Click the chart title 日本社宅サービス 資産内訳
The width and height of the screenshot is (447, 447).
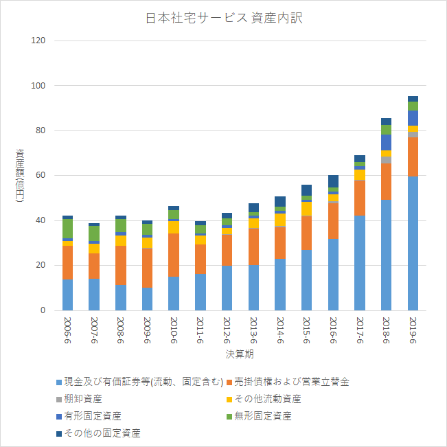224,18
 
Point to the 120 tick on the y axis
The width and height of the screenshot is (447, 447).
38,41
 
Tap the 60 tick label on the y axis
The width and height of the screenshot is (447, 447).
41,175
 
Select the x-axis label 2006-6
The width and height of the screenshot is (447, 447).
67,330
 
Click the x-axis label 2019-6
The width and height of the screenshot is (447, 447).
413,330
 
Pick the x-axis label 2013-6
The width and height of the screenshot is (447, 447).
253,330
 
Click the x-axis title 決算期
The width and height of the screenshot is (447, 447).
240,354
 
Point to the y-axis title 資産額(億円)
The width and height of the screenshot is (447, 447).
20,175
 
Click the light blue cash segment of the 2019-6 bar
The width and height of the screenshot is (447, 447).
413,243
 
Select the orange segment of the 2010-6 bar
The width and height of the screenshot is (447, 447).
174,255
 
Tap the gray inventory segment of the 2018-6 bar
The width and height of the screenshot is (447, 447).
387,160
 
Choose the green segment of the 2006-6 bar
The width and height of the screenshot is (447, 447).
67,229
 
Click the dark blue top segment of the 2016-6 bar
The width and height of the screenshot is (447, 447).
333,181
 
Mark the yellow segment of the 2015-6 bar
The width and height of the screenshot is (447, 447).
306,209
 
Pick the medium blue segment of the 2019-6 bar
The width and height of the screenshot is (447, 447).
413,118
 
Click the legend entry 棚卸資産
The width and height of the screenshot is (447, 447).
79,399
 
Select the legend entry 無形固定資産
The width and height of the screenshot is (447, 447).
259,416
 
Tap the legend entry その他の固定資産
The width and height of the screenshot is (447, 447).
98,433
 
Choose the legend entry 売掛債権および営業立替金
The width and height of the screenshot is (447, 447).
288,382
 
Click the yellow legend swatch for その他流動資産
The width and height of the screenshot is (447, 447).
229,400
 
